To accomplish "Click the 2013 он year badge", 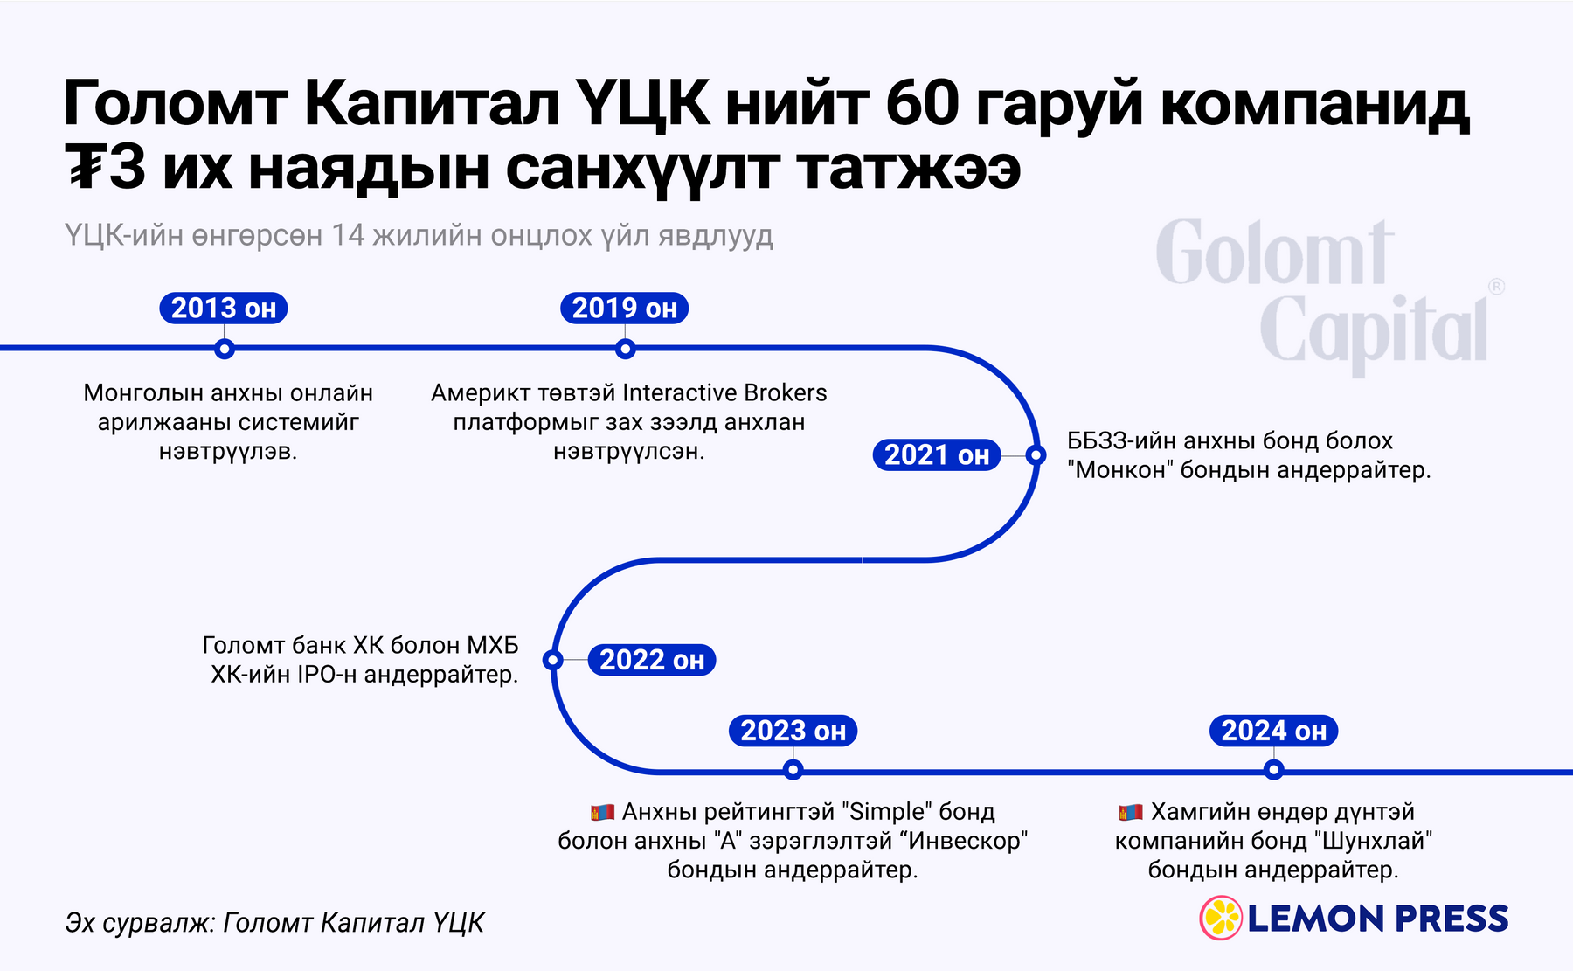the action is [224, 309].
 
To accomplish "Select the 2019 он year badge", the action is [624, 309].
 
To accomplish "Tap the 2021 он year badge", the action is [937, 455].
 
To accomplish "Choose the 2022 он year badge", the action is [652, 660].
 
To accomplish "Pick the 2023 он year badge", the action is [793, 731].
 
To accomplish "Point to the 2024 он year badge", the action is [1273, 731].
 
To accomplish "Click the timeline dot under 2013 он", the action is [225, 349].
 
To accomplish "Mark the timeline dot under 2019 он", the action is [625, 349].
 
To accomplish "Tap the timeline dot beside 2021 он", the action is [1036, 455].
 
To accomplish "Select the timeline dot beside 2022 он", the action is [553, 660].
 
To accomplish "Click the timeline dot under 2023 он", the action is [793, 770].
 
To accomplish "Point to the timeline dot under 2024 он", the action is [1273, 770].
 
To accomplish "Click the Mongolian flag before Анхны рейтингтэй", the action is [602, 813].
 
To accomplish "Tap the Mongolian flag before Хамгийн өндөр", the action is [1131, 813].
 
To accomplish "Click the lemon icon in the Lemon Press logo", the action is [1221, 918].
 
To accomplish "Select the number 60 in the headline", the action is [922, 104].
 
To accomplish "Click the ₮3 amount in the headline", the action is [105, 168].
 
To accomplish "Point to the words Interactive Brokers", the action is [724, 393].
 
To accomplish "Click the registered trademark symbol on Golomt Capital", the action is [1496, 287].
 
